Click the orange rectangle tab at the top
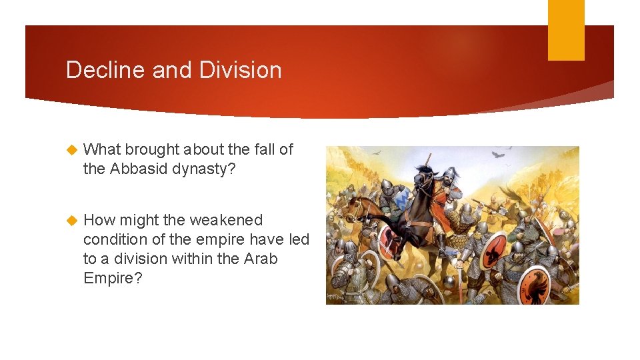tap(566, 29)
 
